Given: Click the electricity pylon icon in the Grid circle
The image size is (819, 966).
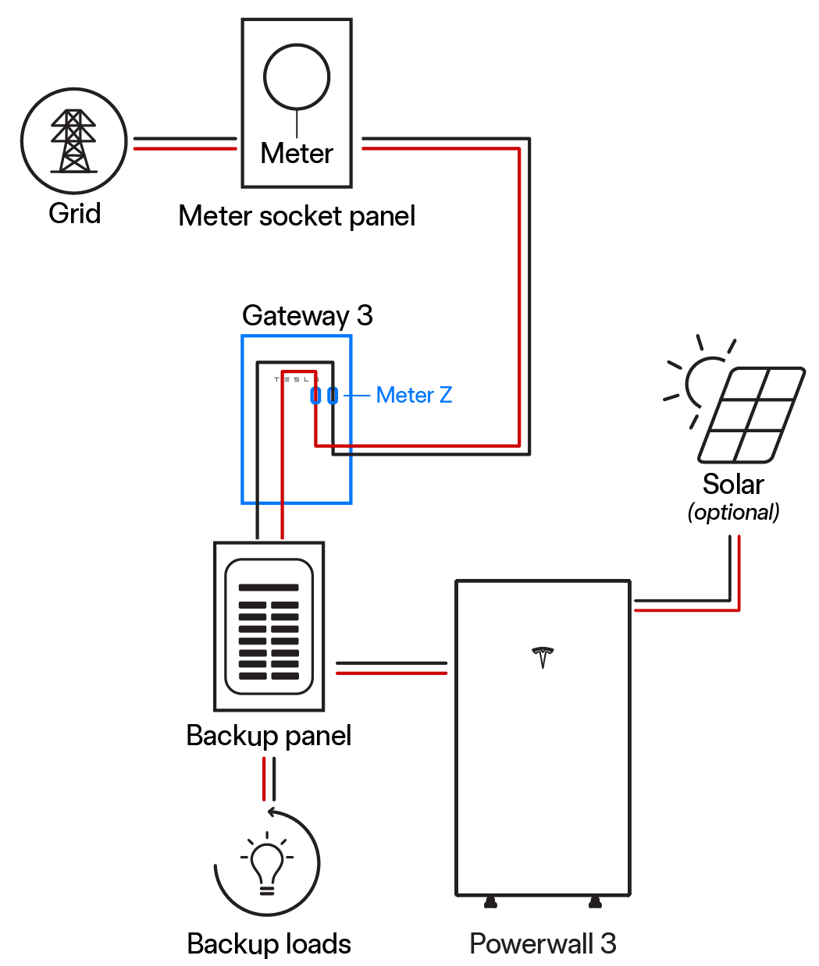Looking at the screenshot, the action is pos(73,140).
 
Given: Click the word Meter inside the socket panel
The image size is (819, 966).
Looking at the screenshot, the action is pos(297,153).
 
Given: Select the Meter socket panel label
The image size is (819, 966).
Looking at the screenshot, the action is pos(297,216).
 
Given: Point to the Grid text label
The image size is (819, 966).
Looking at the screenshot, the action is pos(75,213).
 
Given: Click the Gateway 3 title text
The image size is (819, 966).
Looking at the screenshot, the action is pos(308,315).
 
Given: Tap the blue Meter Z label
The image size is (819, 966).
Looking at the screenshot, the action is pos(414,395).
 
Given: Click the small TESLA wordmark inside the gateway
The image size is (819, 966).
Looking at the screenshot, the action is pos(297,379).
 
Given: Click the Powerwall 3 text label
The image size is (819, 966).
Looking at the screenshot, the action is pos(543,943).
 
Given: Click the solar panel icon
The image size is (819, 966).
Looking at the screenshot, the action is pos(751,415).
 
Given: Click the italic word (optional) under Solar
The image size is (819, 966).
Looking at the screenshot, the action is pos(733,513).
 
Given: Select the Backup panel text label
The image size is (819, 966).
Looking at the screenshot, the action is pos(269,736).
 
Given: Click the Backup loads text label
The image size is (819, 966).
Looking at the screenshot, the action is pos(269,943).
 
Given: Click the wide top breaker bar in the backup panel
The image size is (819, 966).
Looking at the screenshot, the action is pos(269,588).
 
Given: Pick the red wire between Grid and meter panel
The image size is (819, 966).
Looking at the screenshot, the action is pos(185,148).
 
